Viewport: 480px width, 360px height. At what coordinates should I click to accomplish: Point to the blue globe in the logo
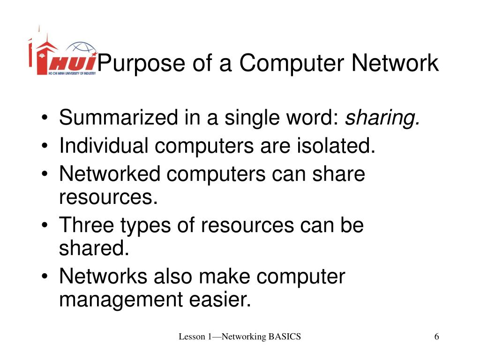point(81,49)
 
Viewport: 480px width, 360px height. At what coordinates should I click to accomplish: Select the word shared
point(94,249)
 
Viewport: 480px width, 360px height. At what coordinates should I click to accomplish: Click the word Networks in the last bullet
point(103,277)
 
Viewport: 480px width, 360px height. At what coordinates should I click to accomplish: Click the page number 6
point(437,337)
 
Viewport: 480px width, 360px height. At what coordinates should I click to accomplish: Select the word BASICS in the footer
point(285,337)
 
